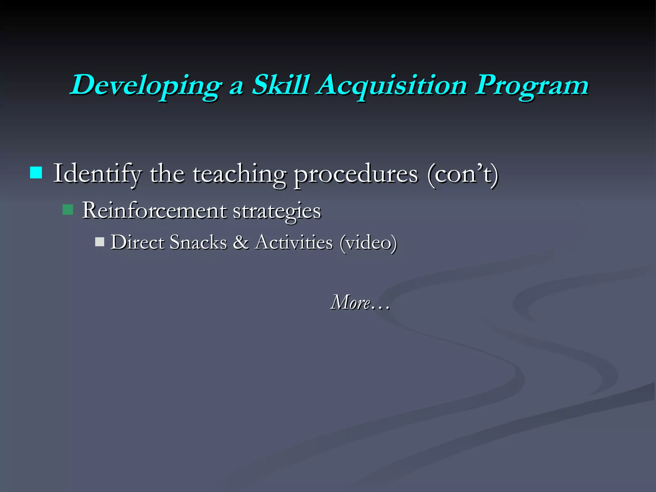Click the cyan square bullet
36,173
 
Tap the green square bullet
68,210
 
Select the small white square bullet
100,242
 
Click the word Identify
97,174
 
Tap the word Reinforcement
154,211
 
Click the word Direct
137,242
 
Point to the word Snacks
198,242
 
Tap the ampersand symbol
241,242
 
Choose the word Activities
294,242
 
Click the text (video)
368,243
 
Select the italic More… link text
360,302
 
